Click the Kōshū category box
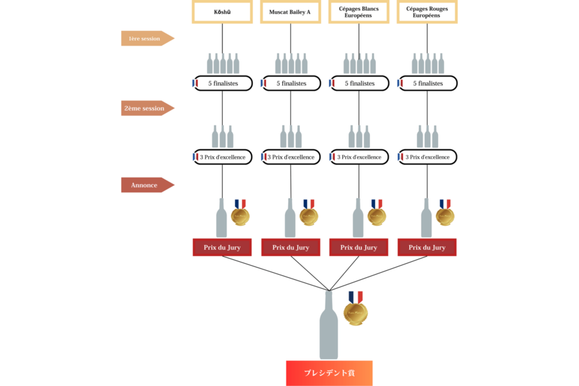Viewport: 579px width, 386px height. click(222, 12)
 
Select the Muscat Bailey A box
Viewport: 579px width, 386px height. click(290, 12)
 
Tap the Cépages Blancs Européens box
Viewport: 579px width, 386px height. click(358, 12)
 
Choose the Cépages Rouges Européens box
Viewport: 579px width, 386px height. click(427, 12)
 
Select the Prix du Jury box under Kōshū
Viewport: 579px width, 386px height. click(222, 248)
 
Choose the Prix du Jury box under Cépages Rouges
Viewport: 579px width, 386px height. click(427, 248)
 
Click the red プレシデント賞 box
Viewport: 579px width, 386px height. click(329, 373)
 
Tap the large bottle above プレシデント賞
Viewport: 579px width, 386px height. click(329, 328)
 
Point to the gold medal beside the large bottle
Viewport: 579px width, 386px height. click(355, 311)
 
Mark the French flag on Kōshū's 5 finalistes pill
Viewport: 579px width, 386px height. click(196, 83)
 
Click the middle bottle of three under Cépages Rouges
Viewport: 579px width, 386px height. click(427, 136)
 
